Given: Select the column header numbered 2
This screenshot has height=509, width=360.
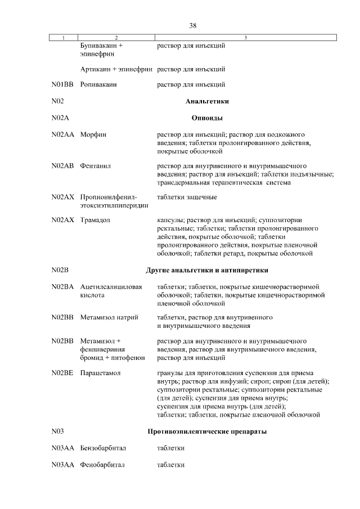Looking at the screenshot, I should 116,38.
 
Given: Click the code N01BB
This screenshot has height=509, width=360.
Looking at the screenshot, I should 62,85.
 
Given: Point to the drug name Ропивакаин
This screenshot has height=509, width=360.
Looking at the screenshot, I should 98,85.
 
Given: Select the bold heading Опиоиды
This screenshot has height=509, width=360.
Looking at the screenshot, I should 206,118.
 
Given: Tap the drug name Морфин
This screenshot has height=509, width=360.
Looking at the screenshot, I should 93,135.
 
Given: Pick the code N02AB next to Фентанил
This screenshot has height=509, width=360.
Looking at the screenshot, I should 62,166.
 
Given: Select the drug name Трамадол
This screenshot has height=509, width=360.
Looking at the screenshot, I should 97,220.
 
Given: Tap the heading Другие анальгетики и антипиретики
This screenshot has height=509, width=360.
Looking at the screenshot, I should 206,270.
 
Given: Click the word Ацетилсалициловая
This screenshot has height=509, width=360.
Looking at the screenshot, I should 111,286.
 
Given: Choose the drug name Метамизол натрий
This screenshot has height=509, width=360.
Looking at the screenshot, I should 109,317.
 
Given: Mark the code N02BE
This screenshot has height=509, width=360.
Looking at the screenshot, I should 62,373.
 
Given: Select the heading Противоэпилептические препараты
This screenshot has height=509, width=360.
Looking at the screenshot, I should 206,431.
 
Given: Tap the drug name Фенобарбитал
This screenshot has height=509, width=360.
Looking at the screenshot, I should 102,465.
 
